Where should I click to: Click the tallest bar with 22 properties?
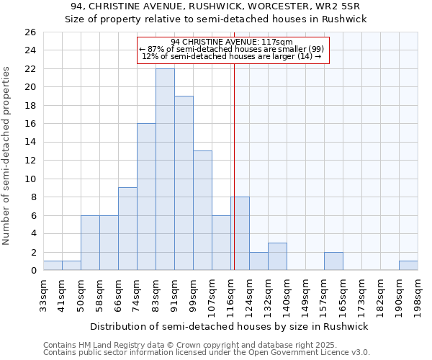[165, 169]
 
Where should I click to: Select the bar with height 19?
[184, 183]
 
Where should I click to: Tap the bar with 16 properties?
[146, 197]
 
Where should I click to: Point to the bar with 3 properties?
[277, 256]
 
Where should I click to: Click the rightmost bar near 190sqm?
[408, 265]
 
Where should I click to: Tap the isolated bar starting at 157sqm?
[333, 261]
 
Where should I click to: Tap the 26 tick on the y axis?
[30, 32]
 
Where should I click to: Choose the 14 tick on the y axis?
[30, 142]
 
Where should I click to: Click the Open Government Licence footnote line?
[207, 353]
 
